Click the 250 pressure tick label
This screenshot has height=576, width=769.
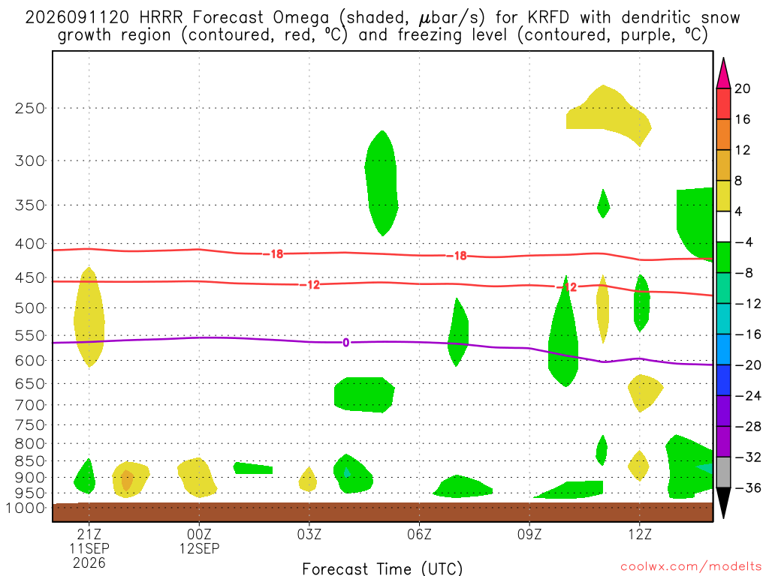(x=30, y=108)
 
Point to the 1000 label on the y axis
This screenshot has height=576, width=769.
(x=26, y=508)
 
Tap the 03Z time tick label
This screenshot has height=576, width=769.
(x=309, y=534)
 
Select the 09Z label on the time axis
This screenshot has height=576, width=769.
(x=529, y=534)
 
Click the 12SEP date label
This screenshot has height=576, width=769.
(x=199, y=548)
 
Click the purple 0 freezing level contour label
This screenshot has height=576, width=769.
(x=345, y=342)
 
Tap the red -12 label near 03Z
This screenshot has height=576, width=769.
(x=310, y=284)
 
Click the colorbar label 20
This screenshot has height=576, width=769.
(x=742, y=88)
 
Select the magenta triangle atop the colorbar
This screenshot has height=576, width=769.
(x=723, y=73)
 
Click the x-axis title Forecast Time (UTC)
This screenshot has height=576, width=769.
(x=382, y=568)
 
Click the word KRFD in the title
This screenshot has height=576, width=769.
(x=548, y=18)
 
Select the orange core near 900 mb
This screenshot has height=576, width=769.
(x=126, y=479)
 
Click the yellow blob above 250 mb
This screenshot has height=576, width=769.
(x=608, y=115)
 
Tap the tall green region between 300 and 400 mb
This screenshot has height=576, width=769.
(x=381, y=183)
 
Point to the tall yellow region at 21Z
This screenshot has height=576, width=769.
(x=89, y=317)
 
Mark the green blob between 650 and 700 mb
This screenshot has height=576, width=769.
(x=364, y=394)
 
